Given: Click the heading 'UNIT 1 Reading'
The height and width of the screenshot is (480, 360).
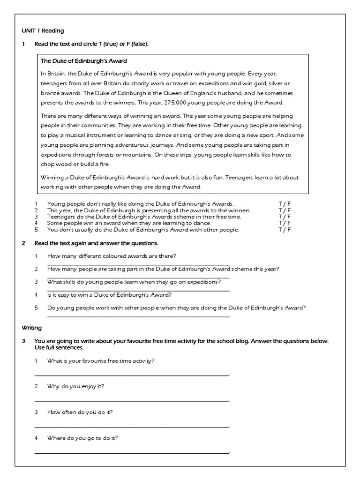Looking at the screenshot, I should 43,30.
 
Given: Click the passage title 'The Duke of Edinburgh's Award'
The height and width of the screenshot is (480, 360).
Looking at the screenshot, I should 84,61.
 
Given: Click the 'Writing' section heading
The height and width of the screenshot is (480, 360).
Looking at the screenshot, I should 32,328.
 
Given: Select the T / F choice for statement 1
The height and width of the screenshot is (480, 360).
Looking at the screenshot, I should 285,204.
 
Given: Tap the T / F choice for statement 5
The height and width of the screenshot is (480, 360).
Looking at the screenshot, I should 285,230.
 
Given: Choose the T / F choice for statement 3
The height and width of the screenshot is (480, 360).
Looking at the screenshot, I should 285,217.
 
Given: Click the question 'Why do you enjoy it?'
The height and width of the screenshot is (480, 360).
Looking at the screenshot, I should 75,386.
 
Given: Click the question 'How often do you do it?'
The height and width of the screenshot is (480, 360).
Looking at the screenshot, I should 80,412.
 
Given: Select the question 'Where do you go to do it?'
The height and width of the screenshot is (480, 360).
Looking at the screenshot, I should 82,438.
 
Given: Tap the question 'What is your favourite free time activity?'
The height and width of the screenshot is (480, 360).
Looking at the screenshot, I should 101,360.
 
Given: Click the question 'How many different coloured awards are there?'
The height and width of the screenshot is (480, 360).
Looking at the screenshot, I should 112,255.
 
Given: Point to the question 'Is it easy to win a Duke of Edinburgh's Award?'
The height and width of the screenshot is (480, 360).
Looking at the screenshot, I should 109,295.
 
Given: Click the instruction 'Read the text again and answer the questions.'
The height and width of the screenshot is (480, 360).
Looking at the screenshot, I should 97,243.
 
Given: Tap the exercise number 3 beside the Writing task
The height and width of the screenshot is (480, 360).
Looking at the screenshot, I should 23,341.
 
